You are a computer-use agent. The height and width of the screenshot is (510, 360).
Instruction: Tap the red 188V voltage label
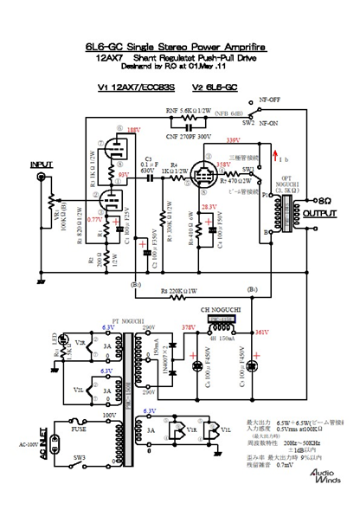[x=133, y=130]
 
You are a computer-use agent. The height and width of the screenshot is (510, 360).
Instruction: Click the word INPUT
[x=42, y=165]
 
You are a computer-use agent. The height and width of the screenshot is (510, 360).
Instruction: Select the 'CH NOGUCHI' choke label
[x=219, y=308]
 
